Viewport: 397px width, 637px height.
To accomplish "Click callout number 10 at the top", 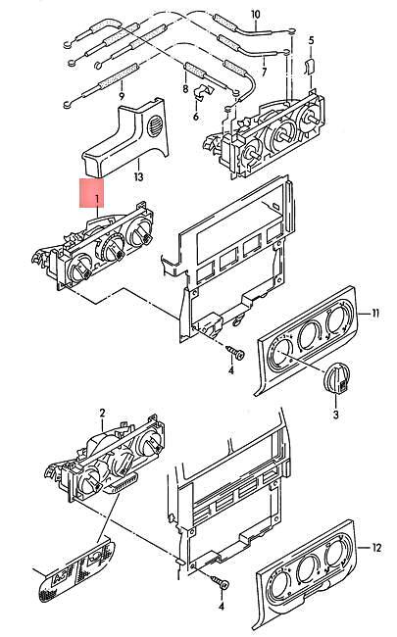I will pyautogui.click(x=255, y=14).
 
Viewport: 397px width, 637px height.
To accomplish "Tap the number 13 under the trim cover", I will pyautogui.click(x=138, y=176).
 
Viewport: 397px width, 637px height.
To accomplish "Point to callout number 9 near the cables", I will pyautogui.click(x=121, y=96).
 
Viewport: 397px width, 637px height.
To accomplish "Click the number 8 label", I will pyautogui.click(x=183, y=89).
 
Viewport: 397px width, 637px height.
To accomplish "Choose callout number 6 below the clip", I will pyautogui.click(x=195, y=116).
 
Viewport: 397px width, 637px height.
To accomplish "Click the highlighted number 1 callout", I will pyautogui.click(x=96, y=200).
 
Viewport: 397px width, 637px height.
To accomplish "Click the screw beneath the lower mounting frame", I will pyautogui.click(x=222, y=585).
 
